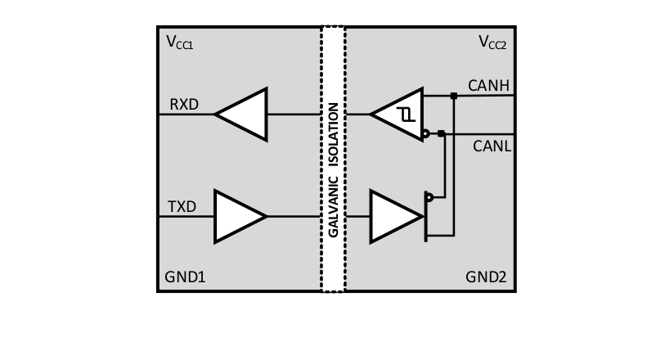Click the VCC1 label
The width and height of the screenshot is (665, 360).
(x=179, y=43)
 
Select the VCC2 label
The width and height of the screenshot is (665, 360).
(x=492, y=43)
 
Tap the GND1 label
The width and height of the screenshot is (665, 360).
(x=186, y=277)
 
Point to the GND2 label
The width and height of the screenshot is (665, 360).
(x=486, y=277)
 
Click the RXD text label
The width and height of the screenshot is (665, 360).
(x=184, y=105)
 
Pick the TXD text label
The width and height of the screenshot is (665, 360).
(x=182, y=207)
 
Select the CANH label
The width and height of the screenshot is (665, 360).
(x=488, y=85)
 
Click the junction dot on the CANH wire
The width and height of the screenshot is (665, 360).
(x=454, y=96)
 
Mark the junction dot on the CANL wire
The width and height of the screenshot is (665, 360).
(x=442, y=133)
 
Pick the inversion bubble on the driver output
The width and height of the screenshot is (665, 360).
(x=429, y=197)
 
